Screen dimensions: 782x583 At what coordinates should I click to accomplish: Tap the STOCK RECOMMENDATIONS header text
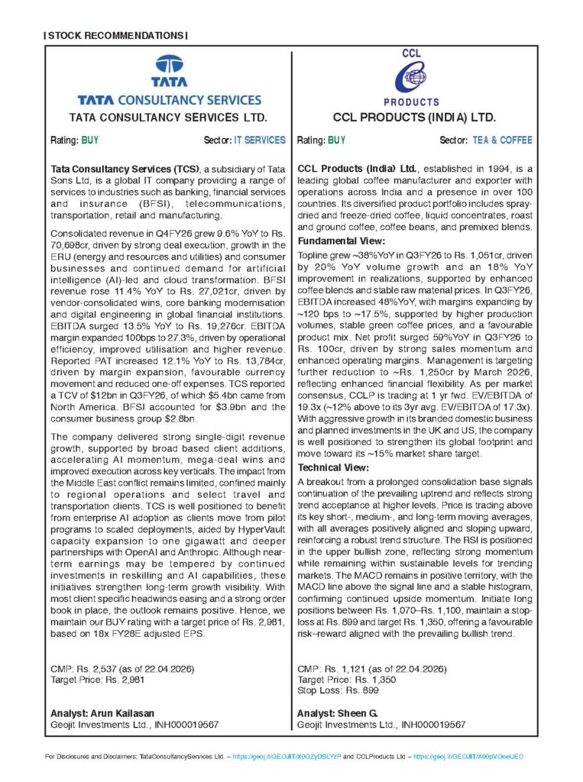tap(115, 36)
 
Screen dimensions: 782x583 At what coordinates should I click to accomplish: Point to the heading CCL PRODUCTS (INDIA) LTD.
tap(415, 118)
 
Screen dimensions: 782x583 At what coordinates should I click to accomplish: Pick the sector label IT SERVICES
tap(261, 141)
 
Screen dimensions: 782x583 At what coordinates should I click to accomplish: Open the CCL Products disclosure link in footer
tap(468, 757)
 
